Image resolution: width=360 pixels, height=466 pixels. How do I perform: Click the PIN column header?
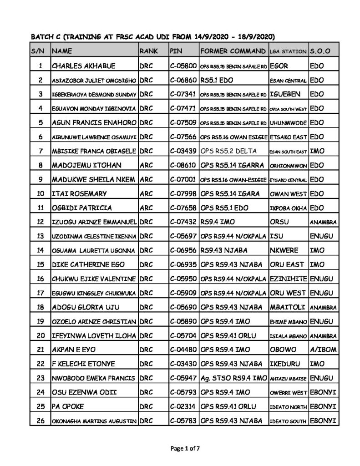[x=176, y=50]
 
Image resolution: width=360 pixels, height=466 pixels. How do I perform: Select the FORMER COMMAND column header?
[x=233, y=50]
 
